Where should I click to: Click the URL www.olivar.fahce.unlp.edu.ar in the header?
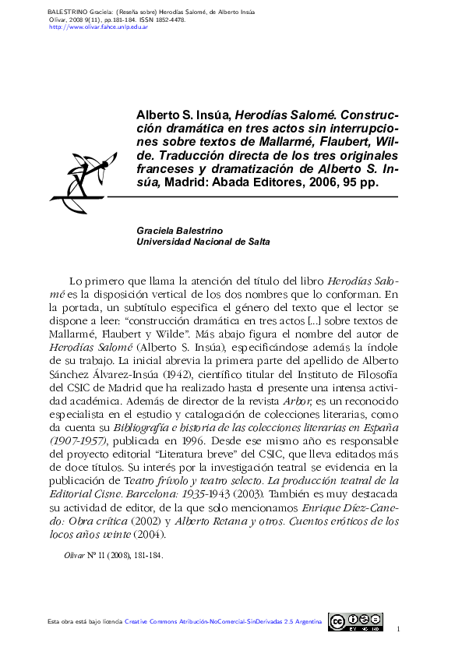point(98,27)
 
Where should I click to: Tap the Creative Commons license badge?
point(355,621)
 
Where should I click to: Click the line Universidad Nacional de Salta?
point(203,242)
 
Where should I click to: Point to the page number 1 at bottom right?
point(397,628)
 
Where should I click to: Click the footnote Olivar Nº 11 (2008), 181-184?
point(113,557)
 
